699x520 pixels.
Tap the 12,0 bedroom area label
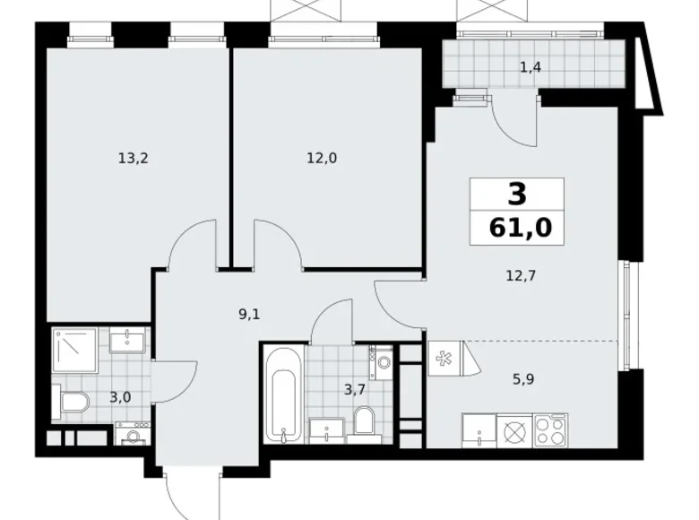click(322, 158)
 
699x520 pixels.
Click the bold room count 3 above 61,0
click(519, 194)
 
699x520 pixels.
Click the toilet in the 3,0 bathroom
click(71, 403)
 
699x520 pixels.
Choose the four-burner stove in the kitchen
click(550, 429)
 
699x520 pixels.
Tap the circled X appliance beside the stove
click(514, 430)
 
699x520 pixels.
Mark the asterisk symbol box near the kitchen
click(443, 356)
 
